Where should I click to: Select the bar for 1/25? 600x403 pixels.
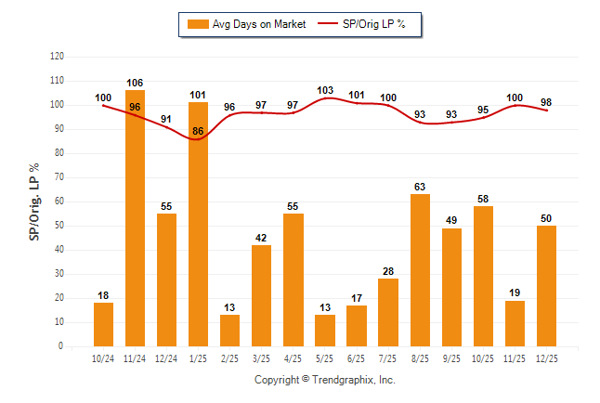pos(198,224)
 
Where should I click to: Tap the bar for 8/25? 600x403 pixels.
pos(420,270)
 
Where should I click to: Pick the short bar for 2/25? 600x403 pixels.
pos(229,331)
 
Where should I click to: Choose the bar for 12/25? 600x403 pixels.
pos(546,286)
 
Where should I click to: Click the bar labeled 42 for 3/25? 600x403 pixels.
pos(261,295)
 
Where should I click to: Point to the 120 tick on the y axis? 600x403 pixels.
pos(57,57)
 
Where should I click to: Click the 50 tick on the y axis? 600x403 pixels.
pos(59,226)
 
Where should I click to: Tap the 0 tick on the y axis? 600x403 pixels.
pos(61,346)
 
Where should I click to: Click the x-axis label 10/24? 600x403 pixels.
pos(103,357)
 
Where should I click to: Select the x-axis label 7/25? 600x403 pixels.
pos(388,357)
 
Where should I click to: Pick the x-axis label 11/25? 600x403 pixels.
pos(515,357)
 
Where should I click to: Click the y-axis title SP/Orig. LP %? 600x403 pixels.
pos(34,201)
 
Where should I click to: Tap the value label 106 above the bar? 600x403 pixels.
pos(135,84)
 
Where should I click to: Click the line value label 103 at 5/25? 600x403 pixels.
pos(325,90)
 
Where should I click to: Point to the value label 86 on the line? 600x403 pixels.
pos(198,132)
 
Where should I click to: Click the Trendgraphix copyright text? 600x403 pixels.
pos(325,380)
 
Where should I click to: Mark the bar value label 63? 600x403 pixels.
pos(420,187)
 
